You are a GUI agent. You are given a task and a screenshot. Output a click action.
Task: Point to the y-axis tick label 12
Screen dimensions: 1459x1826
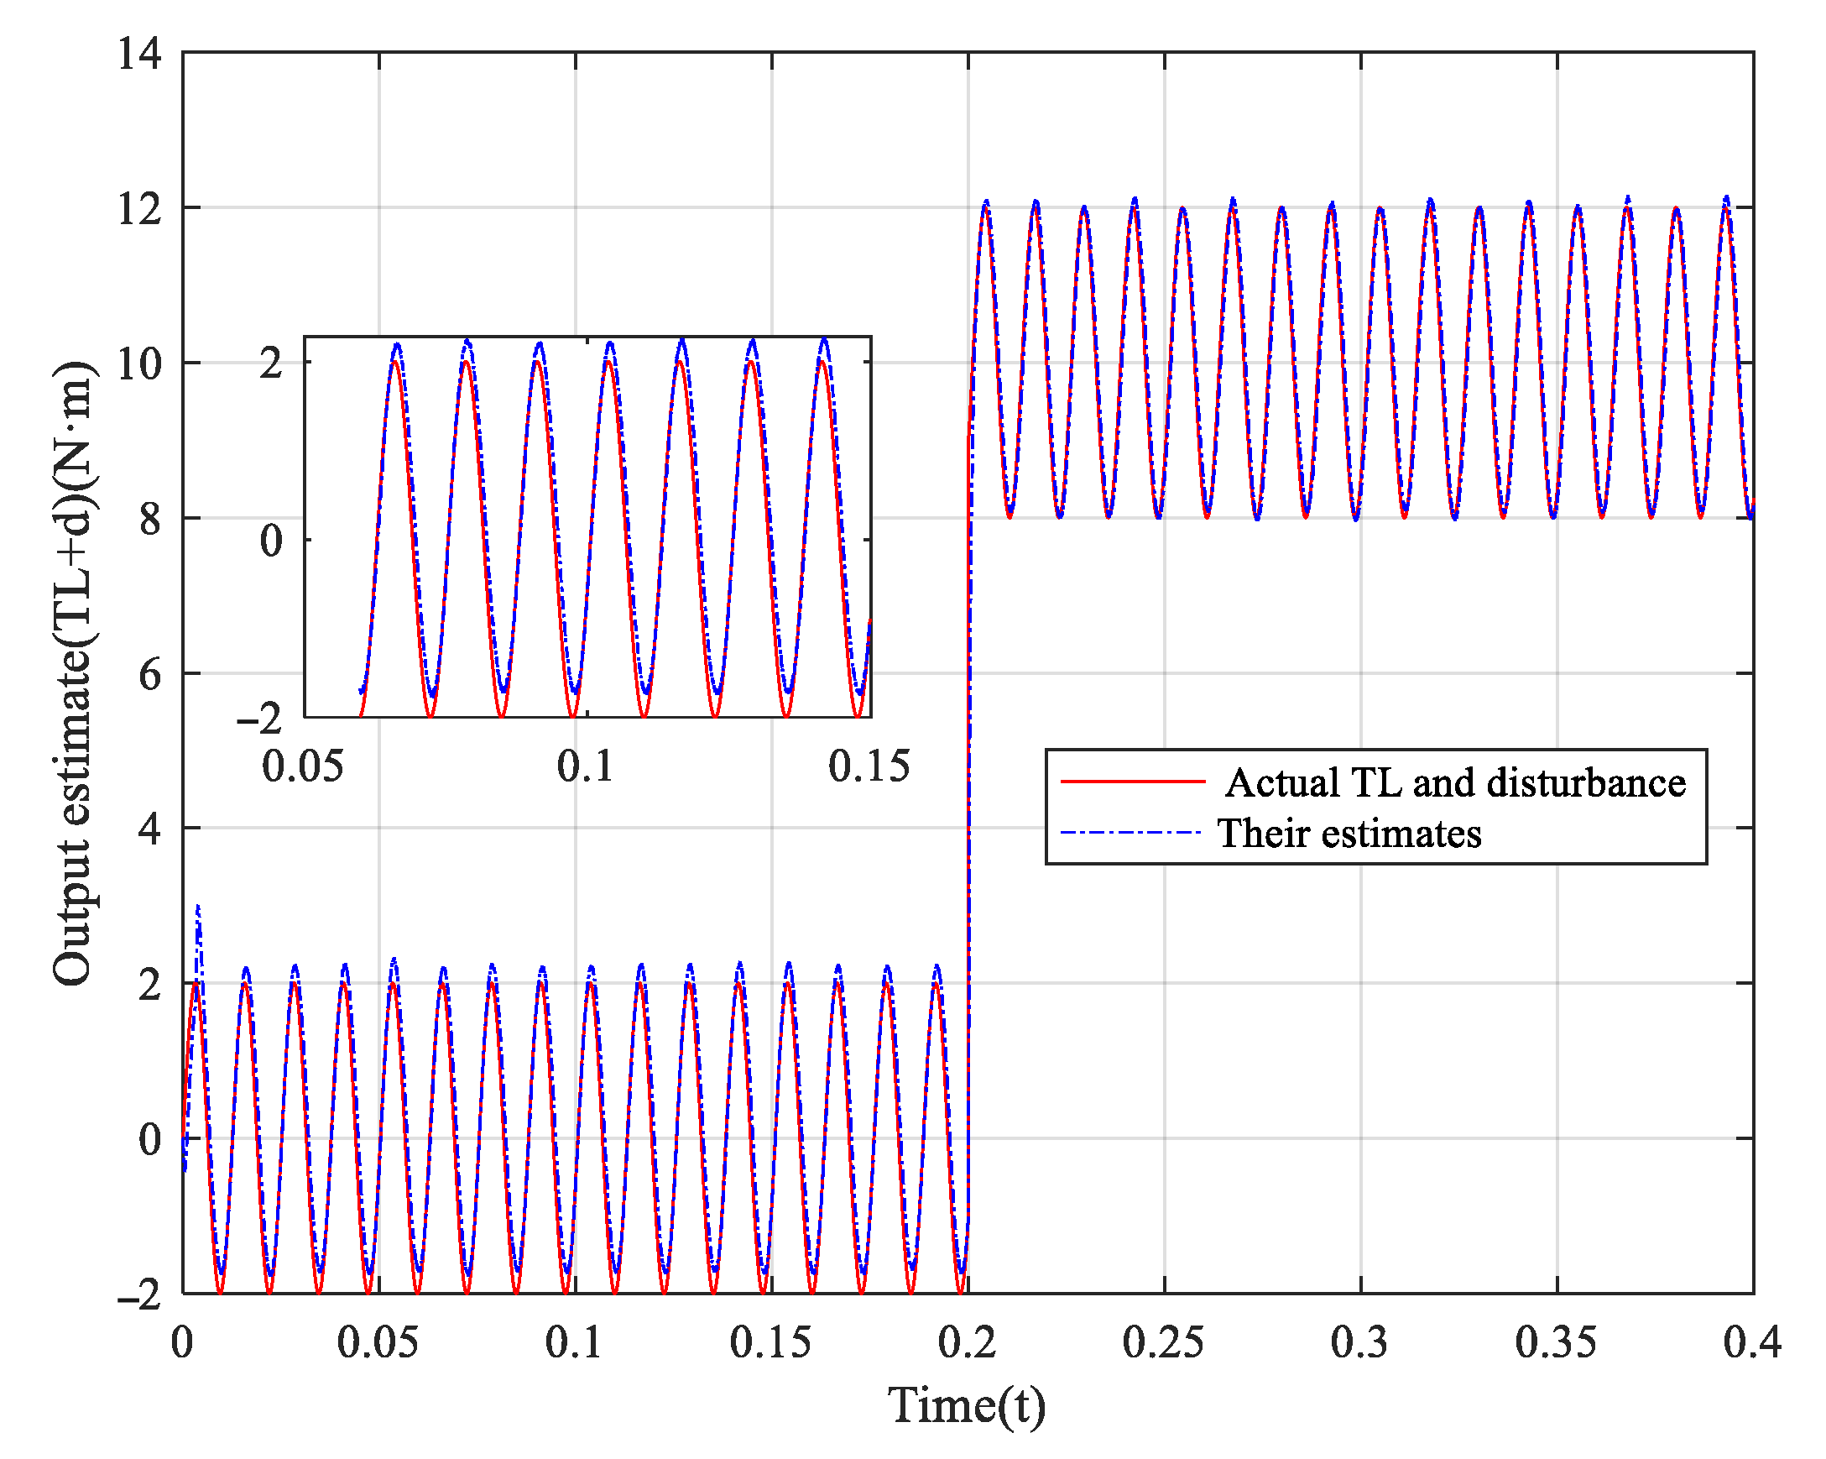[x=140, y=209]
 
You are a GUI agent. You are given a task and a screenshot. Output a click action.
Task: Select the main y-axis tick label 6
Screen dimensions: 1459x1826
[x=150, y=675]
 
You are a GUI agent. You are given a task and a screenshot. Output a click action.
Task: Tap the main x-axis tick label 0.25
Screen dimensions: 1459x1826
[x=1163, y=1343]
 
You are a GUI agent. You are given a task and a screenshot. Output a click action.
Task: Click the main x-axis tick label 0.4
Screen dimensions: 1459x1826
[x=1751, y=1343]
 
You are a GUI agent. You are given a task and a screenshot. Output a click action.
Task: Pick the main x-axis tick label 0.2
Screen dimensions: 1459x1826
[x=968, y=1343]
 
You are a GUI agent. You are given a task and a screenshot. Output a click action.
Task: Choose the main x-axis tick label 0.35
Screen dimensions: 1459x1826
[x=1555, y=1343]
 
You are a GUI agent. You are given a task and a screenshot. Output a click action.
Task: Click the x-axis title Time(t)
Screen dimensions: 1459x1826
[x=967, y=1405]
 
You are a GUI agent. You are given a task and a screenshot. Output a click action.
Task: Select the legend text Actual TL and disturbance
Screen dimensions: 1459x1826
[x=1454, y=783]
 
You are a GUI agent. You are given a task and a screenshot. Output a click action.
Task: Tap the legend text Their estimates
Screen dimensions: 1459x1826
[x=1349, y=834]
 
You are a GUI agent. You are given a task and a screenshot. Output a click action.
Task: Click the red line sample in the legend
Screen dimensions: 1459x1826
[x=1132, y=782]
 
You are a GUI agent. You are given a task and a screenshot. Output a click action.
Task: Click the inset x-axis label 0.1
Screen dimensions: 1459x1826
[x=585, y=766]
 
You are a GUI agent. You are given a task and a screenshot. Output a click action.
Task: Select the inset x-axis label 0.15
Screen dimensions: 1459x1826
[x=869, y=766]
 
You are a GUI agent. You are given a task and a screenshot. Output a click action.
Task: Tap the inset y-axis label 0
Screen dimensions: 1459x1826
[x=271, y=541]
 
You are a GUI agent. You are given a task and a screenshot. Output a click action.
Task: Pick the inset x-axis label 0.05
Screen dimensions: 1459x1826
[x=302, y=766]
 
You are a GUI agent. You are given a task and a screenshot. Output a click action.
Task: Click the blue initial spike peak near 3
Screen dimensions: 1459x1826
[x=198, y=907]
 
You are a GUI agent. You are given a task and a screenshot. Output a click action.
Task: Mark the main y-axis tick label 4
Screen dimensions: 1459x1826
[x=150, y=829]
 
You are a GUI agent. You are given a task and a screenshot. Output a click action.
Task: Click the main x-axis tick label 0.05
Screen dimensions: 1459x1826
[x=378, y=1343]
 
